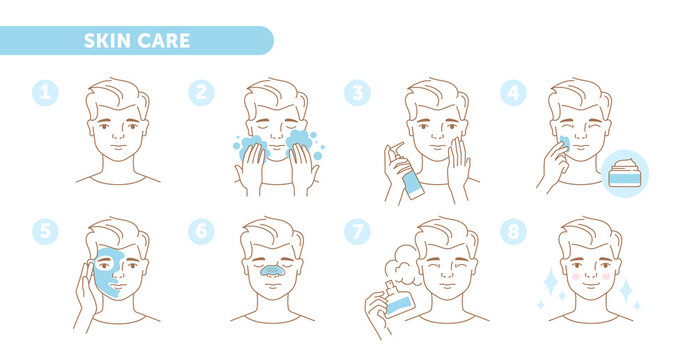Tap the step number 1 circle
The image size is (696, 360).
[x=44, y=93]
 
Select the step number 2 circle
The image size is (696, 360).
[x=201, y=93]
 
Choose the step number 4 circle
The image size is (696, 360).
[x=513, y=93]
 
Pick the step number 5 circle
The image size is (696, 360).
[x=44, y=231]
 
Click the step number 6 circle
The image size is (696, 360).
[x=201, y=231]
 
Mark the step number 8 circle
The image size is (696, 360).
[x=513, y=231]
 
